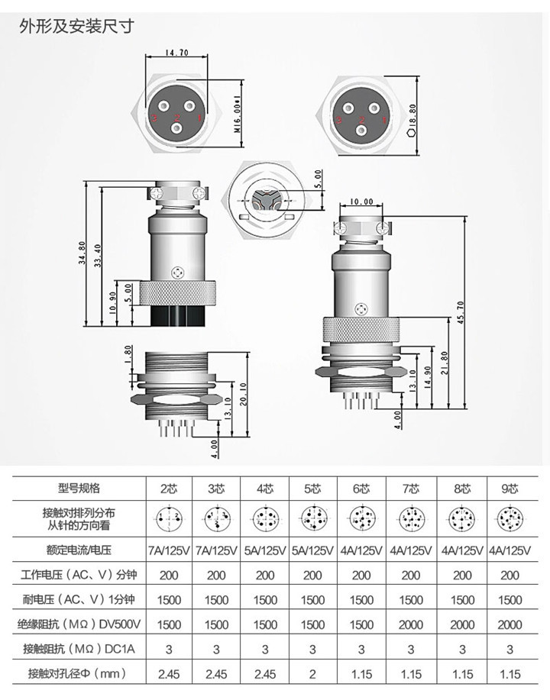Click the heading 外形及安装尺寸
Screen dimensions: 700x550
[x=76, y=27]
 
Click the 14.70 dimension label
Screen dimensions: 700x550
[x=176, y=53]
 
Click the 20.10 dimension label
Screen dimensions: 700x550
[x=242, y=395]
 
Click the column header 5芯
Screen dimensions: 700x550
[x=312, y=488]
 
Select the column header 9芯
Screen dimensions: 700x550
[x=509, y=488]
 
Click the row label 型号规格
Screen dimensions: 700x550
[x=79, y=488]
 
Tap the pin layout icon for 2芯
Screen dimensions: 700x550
[x=169, y=519]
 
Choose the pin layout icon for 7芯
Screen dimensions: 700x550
[x=410, y=519]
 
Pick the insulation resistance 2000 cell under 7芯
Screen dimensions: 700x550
[x=410, y=624]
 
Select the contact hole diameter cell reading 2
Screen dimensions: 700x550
[x=312, y=674]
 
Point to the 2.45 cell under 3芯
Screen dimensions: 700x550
[x=217, y=674]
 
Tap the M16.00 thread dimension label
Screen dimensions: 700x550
[x=237, y=115]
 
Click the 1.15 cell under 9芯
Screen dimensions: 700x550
[x=509, y=674]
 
